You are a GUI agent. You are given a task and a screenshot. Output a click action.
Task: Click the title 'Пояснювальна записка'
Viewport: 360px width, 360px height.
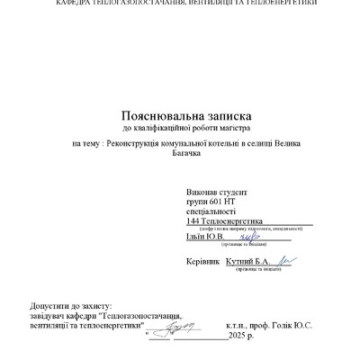(x=185, y=116)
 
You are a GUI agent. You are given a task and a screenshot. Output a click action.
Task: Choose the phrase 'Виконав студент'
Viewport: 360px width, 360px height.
(x=217, y=193)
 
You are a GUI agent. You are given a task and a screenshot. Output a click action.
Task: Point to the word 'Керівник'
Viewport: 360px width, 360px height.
(x=202, y=262)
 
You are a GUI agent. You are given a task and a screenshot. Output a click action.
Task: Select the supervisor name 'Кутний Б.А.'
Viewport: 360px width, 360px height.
(x=248, y=262)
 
